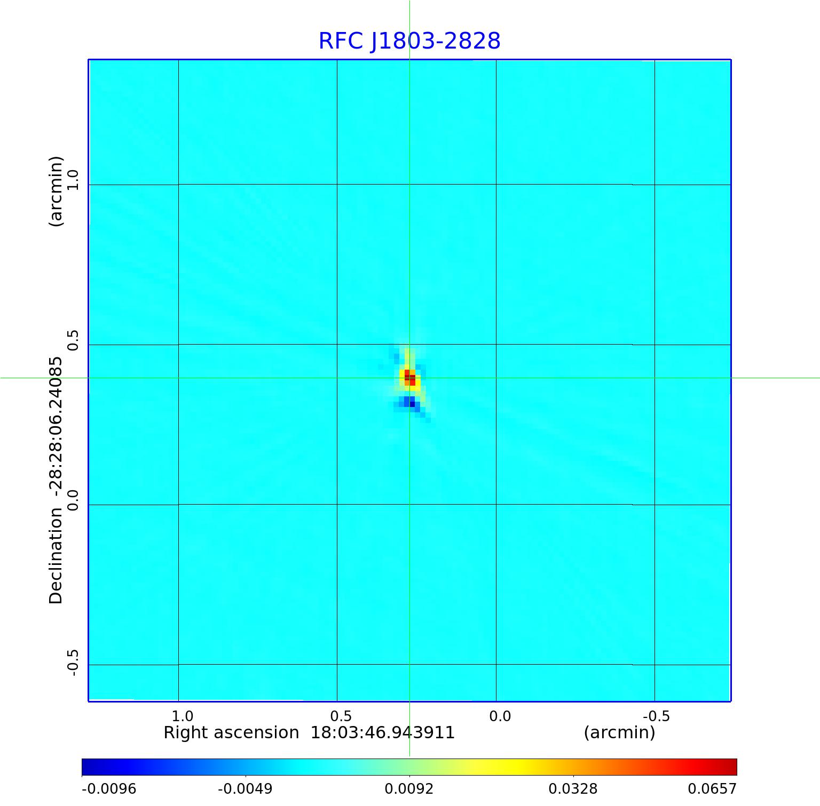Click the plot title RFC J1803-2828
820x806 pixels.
[x=409, y=41]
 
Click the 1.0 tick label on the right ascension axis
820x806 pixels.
[x=183, y=716]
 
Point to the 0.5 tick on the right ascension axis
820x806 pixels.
[x=341, y=716]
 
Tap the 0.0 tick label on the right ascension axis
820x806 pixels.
[x=500, y=716]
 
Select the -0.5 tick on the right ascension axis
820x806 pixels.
[x=656, y=716]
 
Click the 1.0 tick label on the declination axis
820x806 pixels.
[x=73, y=179]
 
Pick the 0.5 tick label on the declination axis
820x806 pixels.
[x=73, y=340]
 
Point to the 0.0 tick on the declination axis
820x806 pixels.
[x=73, y=500]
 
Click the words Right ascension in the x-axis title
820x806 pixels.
[x=231, y=733]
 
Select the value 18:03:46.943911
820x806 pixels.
[x=382, y=733]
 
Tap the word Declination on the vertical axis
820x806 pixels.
[x=56, y=556]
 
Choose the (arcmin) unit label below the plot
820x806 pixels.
[x=619, y=733]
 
